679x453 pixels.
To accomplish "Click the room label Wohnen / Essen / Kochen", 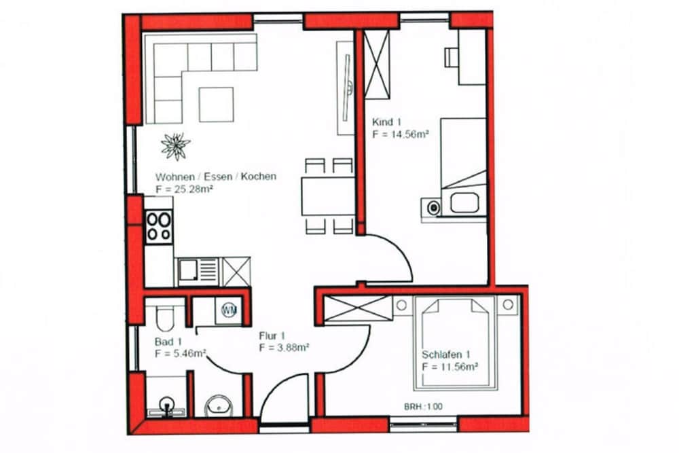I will click(x=215, y=177).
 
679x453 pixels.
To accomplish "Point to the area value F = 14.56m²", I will click(x=401, y=134).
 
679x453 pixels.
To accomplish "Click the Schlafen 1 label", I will click(x=446, y=355).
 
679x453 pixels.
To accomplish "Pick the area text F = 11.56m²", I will click(x=450, y=367).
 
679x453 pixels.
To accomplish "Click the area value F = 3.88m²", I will click(x=285, y=348).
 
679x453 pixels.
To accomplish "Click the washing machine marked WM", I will click(x=228, y=310).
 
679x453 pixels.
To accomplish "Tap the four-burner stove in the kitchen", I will click(x=159, y=226).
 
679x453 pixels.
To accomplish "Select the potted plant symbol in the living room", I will click(x=175, y=145).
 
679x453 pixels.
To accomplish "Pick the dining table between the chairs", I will click(x=328, y=196).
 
